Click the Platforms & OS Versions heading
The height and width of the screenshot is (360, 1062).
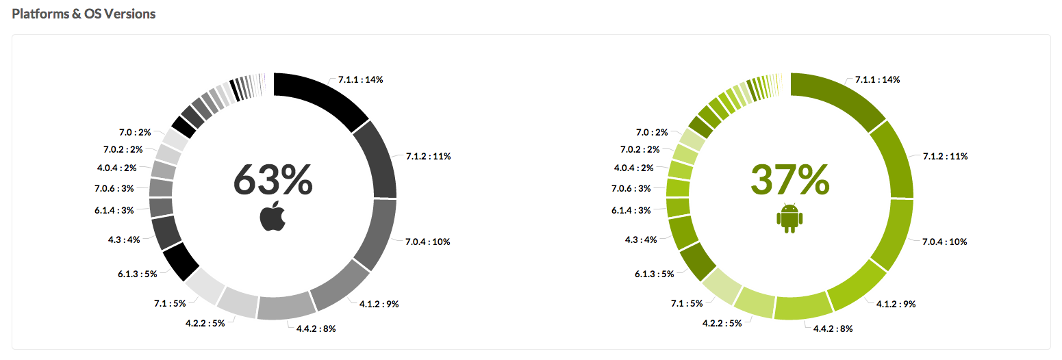pyautogui.click(x=84, y=14)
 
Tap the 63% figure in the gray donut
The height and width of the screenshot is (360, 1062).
pyautogui.click(x=273, y=181)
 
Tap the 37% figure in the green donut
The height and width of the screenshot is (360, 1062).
pyautogui.click(x=790, y=181)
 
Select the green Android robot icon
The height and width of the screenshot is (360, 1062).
pyautogui.click(x=789, y=218)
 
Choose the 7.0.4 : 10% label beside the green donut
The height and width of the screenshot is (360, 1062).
pyautogui.click(x=945, y=242)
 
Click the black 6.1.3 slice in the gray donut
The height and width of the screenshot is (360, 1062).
pyautogui.click(x=180, y=261)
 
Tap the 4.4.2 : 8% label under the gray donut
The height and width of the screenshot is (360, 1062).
pyautogui.click(x=316, y=329)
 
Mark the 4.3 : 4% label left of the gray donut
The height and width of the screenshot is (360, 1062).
pyautogui.click(x=124, y=240)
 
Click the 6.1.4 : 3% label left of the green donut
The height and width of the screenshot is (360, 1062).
pyautogui.click(x=631, y=210)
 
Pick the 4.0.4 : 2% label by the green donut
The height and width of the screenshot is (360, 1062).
pyautogui.click(x=633, y=168)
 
